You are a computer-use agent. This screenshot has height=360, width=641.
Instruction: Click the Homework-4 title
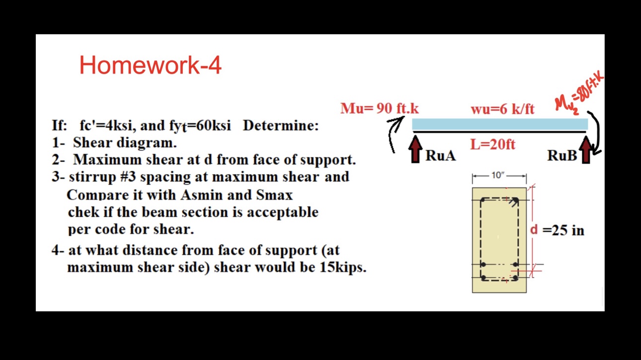150,65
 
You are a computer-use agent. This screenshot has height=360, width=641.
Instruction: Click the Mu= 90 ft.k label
379,108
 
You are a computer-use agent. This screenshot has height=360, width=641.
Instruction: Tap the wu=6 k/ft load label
502,109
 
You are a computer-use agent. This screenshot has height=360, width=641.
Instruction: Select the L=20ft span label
492,144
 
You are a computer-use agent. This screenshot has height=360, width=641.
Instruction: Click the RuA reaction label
440,155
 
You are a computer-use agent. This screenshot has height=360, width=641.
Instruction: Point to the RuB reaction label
562,155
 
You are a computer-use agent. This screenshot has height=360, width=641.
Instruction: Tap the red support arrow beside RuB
586,150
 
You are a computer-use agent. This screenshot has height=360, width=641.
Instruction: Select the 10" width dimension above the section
498,175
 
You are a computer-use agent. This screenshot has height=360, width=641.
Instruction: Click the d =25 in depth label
557,230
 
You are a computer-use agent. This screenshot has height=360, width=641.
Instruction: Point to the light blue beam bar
499,124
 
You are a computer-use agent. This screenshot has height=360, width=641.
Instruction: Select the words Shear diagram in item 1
125,143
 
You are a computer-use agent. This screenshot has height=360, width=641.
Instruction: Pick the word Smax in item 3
274,195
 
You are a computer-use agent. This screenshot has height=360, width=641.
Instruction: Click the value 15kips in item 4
342,267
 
